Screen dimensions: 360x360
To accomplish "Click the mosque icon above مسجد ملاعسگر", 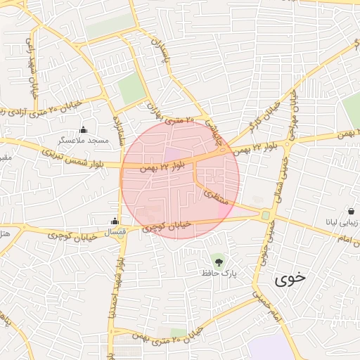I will coord(84,129).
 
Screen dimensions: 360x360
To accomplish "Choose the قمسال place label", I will coord(115,231).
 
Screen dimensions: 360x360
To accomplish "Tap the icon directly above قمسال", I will coord(115,221).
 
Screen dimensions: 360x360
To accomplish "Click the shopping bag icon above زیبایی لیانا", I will coord(350,211).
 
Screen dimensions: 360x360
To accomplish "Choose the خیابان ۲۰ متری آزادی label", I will coord(42,109).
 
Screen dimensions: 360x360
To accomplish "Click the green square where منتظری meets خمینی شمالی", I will coord(266,214).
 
